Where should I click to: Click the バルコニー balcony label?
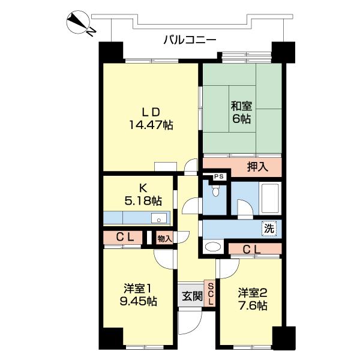[190, 40]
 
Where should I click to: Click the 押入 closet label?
[259, 166]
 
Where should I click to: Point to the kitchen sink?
[158, 217]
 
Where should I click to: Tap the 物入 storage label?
[164, 238]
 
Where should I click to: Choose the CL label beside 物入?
[124, 238]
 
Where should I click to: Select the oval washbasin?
[212, 247]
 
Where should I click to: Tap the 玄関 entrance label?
[191, 296]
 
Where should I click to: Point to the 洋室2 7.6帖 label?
[252, 299]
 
